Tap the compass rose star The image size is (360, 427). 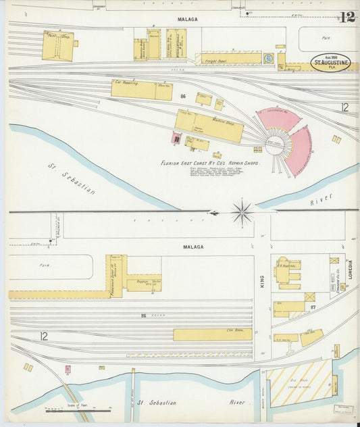(x=242, y=212)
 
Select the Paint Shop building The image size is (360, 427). (x=58, y=46)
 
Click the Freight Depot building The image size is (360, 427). (x=222, y=59)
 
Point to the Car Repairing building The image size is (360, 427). (x=141, y=89)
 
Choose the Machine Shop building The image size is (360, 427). (x=209, y=126)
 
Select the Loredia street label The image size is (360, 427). (x=350, y=270)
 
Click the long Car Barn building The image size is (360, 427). (x=212, y=334)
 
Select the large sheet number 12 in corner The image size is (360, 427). (x=347, y=17)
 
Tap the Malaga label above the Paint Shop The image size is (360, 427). (x=187, y=20)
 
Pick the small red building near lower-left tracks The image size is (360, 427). (x=68, y=370)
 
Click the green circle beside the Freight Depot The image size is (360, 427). (x=269, y=58)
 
